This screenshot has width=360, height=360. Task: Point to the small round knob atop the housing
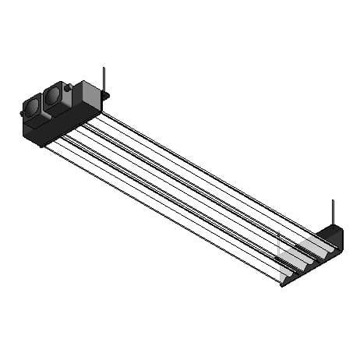[68, 88]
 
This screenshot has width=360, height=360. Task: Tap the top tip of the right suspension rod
[333, 201]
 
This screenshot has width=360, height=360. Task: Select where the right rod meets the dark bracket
[333, 227]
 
